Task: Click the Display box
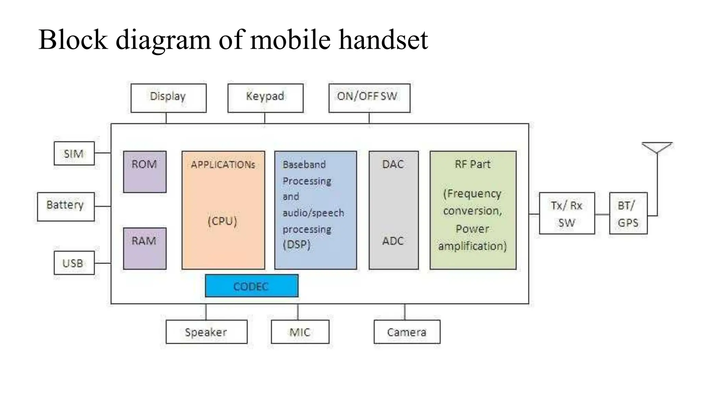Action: point(168,98)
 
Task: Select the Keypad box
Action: point(265,98)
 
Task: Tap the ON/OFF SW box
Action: point(369,98)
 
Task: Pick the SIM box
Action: point(74,154)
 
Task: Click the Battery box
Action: point(66,207)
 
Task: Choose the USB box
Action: point(74,263)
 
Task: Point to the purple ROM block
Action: point(144,172)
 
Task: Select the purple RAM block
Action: point(144,248)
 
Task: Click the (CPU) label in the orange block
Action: point(222,221)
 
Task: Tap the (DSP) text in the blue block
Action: point(296,245)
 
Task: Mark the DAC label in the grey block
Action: point(393,165)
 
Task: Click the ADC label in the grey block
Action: point(393,241)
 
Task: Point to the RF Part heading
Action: point(472,165)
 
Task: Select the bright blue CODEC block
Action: point(251,286)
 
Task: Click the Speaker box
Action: point(206,332)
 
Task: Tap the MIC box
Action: point(300,332)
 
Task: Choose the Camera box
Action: point(407,332)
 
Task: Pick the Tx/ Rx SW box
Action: point(567,213)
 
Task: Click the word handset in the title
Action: point(383,40)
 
